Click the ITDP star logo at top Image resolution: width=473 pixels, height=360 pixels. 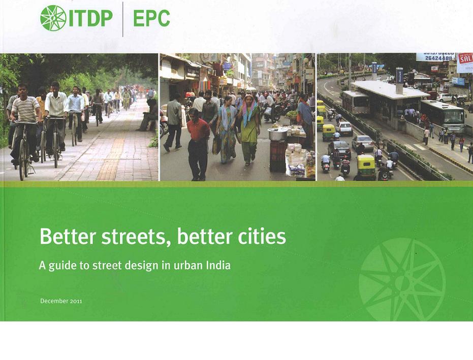(53, 18)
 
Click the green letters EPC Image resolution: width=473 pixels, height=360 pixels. (151, 18)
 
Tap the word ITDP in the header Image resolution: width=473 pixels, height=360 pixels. (90, 18)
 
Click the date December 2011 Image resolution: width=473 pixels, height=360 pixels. (61, 301)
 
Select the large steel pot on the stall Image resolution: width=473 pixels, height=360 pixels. (278, 134)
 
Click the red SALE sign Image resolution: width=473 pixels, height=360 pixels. (465, 58)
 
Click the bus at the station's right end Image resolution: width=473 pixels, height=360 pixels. (443, 116)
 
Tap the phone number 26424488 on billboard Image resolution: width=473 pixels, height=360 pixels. (437, 58)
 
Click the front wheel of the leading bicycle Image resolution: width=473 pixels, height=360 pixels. (23, 163)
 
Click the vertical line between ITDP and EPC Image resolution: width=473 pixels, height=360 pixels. (123, 19)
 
